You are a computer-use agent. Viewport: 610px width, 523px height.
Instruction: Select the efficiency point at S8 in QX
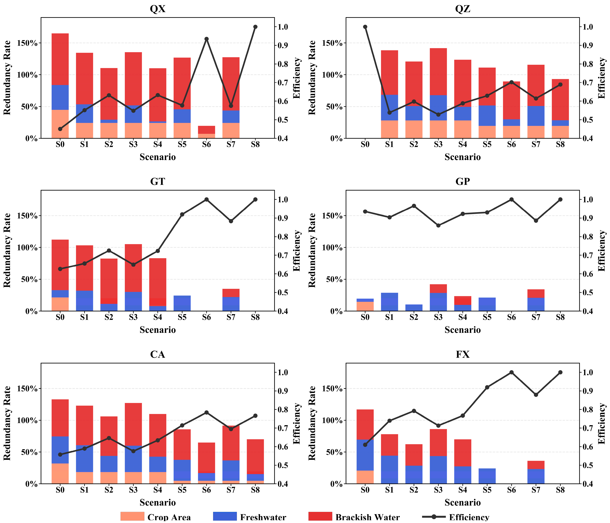pyautogui.click(x=255, y=27)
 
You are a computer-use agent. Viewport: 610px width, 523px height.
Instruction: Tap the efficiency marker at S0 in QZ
pyautogui.click(x=365, y=27)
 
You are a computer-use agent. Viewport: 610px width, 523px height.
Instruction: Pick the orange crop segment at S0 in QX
pyautogui.click(x=60, y=124)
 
